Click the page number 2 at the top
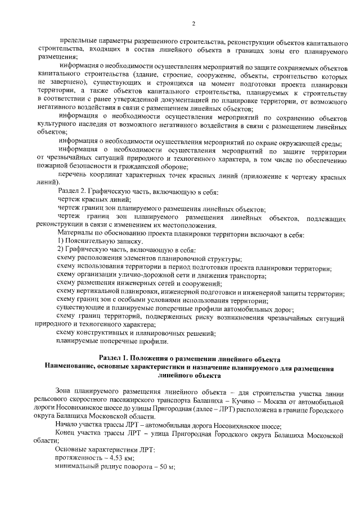pos(193,24)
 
